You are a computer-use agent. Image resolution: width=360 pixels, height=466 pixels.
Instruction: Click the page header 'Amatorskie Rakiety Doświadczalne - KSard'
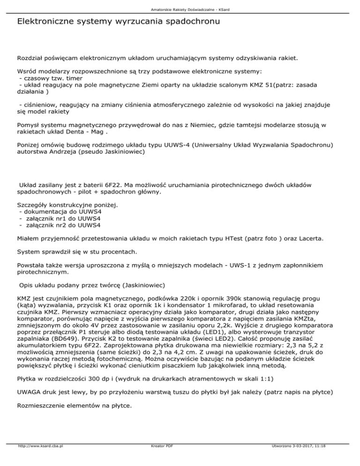point(180,9)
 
